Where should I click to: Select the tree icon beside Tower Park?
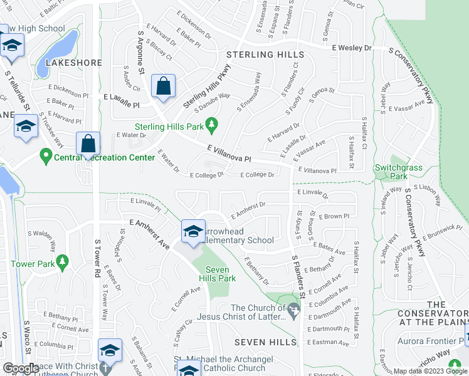click(61, 262)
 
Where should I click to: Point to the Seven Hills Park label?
click(221, 273)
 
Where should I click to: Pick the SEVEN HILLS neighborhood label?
click(265, 342)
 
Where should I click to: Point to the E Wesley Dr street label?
click(352, 48)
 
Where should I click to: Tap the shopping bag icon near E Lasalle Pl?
click(163, 88)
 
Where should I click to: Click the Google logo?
click(21, 368)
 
